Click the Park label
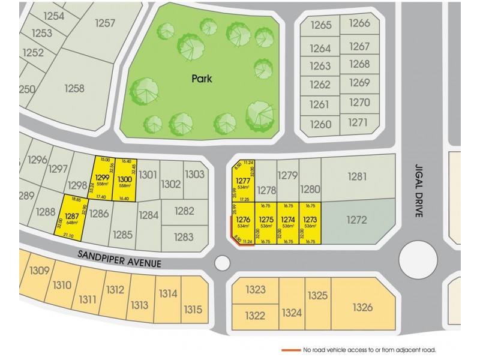(202, 78)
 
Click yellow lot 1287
(71, 218)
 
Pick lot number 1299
(102, 178)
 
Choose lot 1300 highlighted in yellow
(125, 178)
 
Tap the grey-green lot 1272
(356, 220)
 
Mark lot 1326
(363, 307)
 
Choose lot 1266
(359, 23)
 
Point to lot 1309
(39, 271)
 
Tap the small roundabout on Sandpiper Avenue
(221, 262)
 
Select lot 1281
(357, 176)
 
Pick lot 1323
(255, 290)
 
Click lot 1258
(74, 88)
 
